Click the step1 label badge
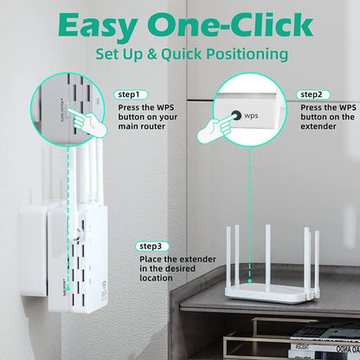pos(131,94)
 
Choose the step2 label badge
pos(313,94)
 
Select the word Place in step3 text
pos(151,259)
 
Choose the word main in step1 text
pos(129,126)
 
